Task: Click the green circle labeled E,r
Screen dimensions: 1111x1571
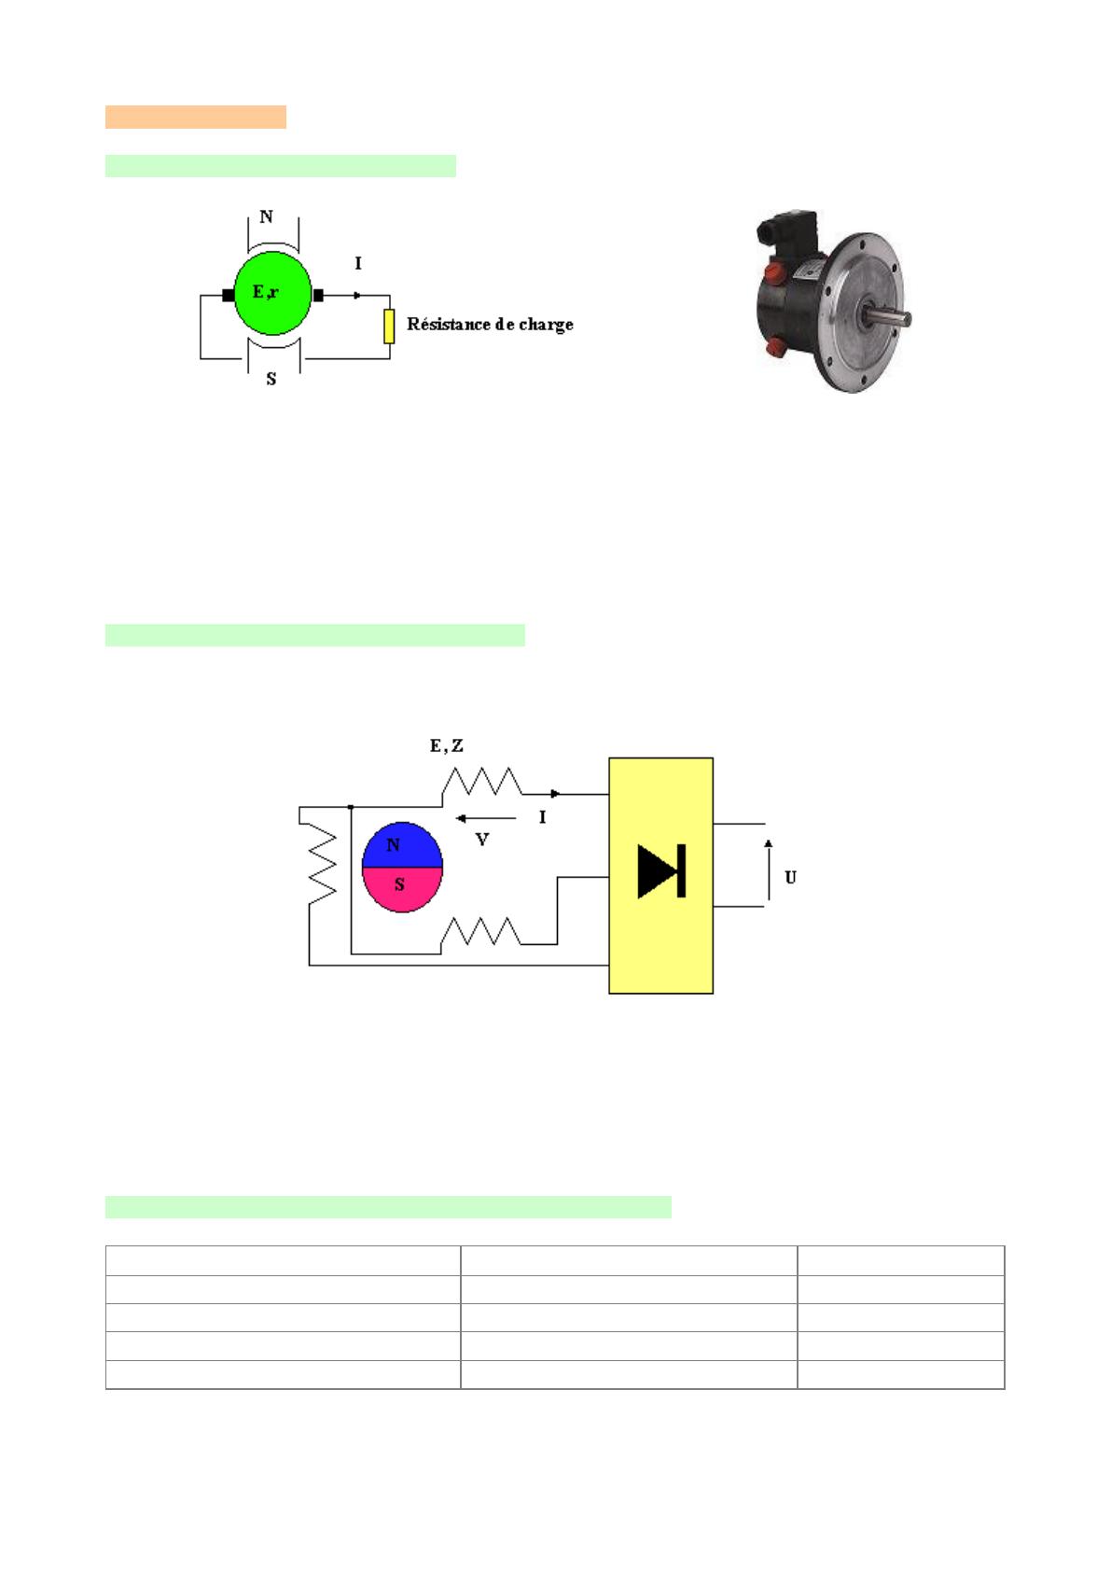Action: (272, 293)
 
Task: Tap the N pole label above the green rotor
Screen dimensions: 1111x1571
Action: (266, 216)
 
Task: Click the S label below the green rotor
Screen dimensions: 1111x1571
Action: (271, 380)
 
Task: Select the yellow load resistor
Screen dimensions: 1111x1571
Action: (389, 327)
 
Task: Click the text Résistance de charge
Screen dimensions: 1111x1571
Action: (491, 325)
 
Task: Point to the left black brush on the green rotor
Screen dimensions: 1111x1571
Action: (228, 296)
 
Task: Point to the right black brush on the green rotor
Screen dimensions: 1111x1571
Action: (318, 296)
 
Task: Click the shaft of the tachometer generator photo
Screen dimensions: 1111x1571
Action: (888, 316)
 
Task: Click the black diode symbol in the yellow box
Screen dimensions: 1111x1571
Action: (661, 871)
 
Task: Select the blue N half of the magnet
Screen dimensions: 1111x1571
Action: (403, 845)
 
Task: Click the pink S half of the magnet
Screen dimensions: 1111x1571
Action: (403, 890)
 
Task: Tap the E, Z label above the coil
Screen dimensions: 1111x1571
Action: (447, 745)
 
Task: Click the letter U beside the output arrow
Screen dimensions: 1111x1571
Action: (790, 877)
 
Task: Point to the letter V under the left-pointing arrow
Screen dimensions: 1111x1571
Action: (482, 840)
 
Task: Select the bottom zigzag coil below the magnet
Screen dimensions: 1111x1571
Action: (480, 931)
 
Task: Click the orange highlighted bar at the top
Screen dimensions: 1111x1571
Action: (196, 118)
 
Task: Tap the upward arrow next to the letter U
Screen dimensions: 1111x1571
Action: (769, 869)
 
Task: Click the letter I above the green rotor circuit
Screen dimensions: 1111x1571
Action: (357, 263)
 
